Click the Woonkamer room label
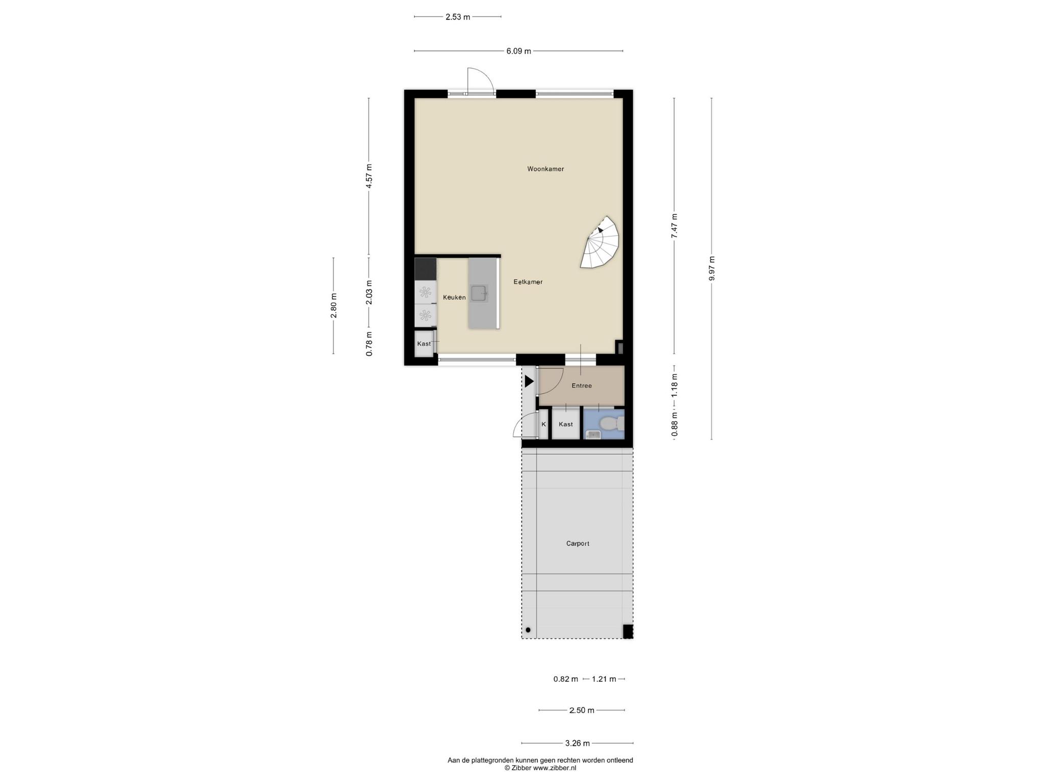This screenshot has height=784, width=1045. click(545, 169)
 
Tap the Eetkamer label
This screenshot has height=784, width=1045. click(528, 282)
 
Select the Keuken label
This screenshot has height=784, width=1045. click(454, 297)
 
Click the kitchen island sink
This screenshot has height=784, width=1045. click(479, 293)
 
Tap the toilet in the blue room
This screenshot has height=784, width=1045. click(610, 423)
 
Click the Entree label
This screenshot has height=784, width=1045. click(582, 386)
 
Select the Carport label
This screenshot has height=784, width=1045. click(578, 544)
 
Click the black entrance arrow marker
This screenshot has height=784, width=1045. click(529, 381)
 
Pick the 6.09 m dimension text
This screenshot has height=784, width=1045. click(518, 51)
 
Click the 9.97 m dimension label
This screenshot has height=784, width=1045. click(712, 268)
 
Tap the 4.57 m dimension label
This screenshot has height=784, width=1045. click(369, 176)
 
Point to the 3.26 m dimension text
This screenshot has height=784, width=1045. click(577, 743)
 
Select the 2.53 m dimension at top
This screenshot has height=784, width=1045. click(458, 17)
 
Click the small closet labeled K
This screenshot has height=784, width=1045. click(543, 424)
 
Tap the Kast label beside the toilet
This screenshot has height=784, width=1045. click(565, 424)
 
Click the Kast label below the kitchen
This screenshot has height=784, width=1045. click(424, 344)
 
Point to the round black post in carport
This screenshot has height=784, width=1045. click(528, 629)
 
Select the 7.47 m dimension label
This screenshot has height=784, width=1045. click(674, 226)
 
